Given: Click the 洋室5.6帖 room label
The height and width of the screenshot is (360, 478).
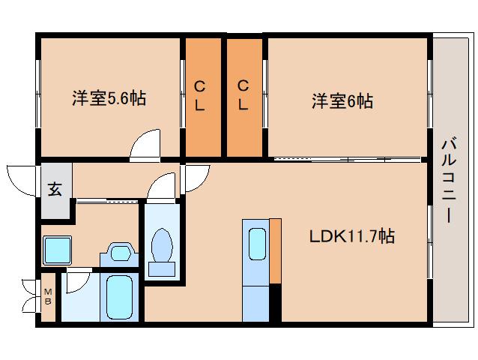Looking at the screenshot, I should tap(109, 98).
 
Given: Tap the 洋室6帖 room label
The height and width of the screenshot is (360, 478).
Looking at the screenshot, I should tap(342, 100).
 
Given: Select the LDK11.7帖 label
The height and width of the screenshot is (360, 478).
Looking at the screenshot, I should tap(351, 237).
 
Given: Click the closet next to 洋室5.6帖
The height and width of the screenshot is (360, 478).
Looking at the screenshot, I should tap(201, 97).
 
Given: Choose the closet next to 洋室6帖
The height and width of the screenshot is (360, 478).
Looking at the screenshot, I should tap(244, 97).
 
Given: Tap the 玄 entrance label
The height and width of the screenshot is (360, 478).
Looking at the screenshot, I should tap(55, 189).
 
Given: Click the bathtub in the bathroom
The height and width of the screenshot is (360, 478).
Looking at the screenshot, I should tap(118, 297).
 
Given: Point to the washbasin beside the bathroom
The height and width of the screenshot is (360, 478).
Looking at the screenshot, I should tap(118, 252).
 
